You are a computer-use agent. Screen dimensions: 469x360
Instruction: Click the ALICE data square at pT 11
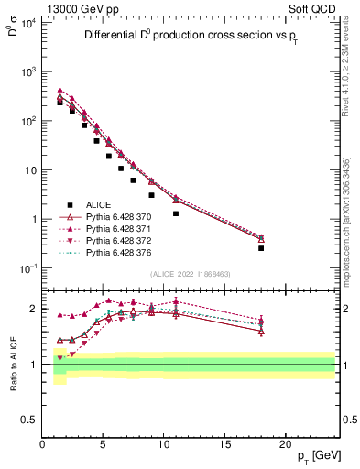pos(176,213)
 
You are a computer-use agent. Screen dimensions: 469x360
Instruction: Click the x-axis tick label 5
pos(103,444)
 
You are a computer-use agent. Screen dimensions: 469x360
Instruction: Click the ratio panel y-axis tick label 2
pos(34,309)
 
